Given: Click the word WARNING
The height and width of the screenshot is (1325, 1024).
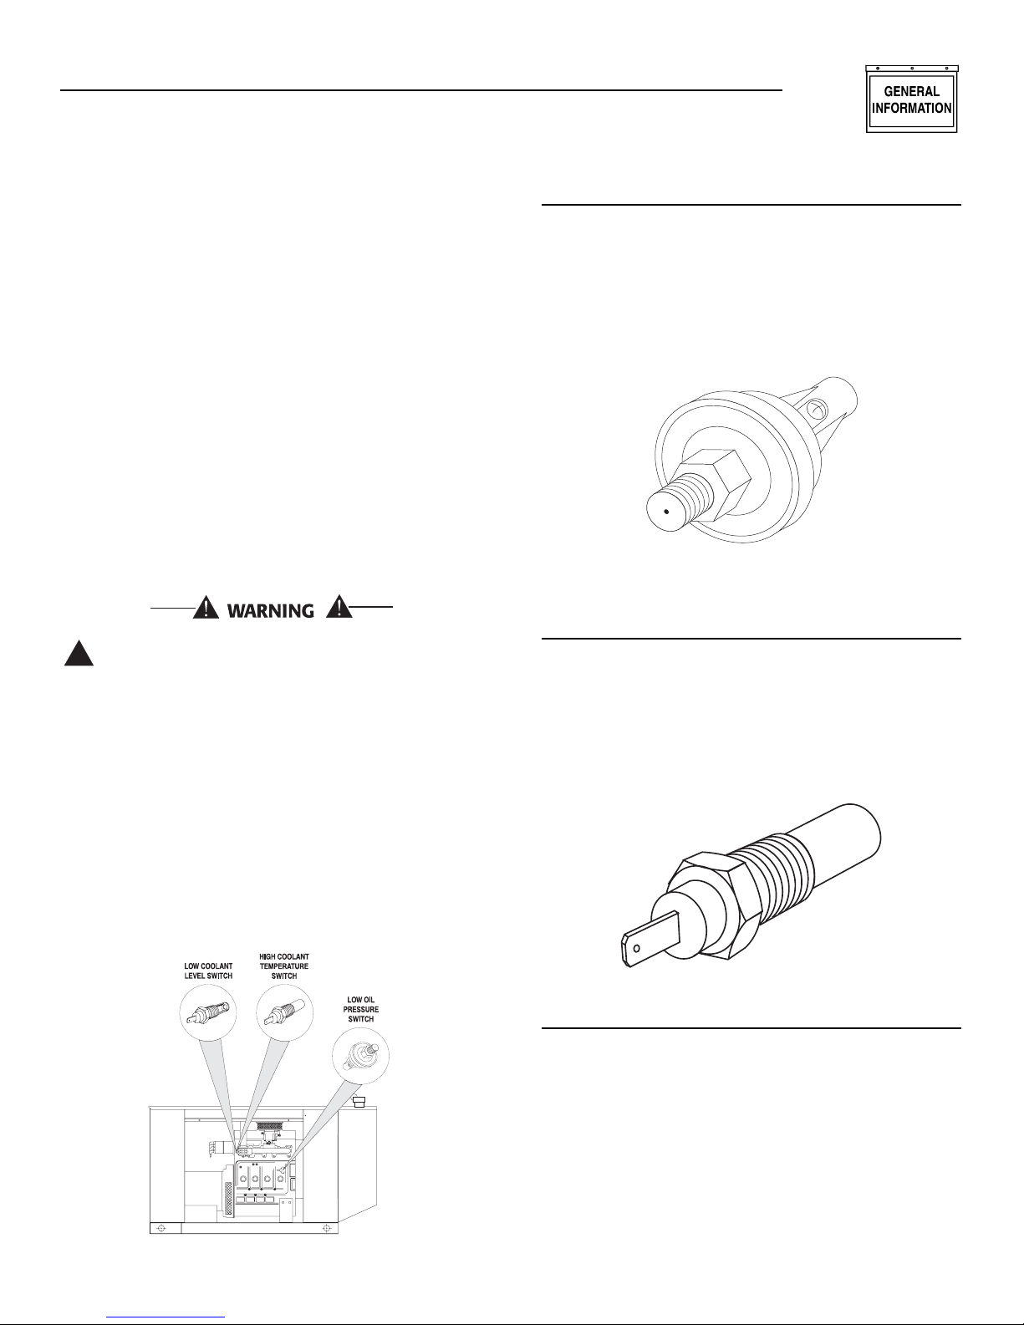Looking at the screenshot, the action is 271,610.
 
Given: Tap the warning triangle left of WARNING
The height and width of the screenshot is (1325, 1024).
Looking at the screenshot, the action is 206,608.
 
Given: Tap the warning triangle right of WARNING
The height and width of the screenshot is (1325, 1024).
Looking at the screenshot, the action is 339,608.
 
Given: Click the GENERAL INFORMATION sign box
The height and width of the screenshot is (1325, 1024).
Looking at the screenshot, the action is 912,99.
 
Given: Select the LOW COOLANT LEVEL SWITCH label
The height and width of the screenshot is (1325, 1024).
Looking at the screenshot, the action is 208,971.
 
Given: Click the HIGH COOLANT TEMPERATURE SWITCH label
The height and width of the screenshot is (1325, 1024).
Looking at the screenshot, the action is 284,966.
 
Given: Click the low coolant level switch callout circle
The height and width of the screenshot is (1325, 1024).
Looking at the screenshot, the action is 208,1013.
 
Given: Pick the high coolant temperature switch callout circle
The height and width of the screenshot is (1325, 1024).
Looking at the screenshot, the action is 285,1013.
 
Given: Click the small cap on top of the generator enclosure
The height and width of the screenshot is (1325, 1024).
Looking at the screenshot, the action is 359,1101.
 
